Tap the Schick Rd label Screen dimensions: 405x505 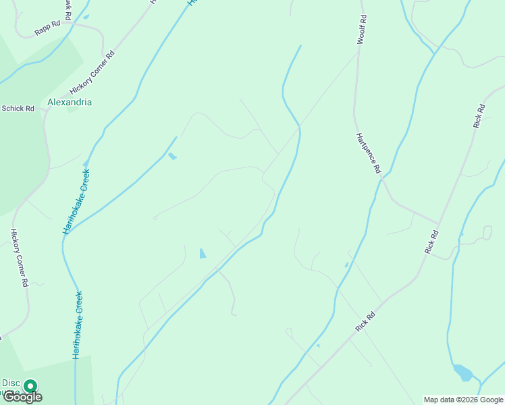[18, 108]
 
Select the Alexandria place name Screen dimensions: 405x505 [70, 103]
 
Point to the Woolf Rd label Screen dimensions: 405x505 [363, 30]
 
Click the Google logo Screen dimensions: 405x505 [22, 397]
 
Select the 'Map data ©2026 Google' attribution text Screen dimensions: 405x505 [464, 400]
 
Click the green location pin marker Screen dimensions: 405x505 [30, 387]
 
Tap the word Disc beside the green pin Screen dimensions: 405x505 [9, 383]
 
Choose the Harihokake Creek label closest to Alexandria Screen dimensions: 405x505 [76, 201]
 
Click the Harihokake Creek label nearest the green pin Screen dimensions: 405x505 [78, 324]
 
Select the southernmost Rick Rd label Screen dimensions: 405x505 [365, 321]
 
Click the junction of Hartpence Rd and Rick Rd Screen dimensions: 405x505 [438, 223]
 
